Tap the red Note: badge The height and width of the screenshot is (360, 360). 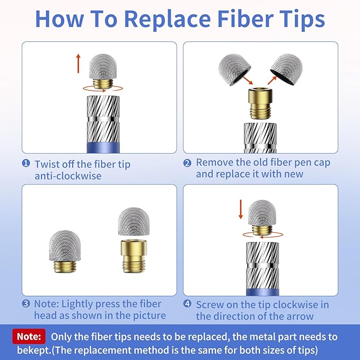coord(29,337)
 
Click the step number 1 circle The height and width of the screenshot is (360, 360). coord(26,163)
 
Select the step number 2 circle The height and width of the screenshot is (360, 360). coord(187,163)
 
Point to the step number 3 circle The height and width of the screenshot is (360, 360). coord(26,303)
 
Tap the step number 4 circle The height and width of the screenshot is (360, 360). coord(187,303)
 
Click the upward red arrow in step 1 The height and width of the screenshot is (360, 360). coord(78,64)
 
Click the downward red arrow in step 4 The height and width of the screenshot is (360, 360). coord(241,209)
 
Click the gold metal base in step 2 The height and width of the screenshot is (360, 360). coord(260,103)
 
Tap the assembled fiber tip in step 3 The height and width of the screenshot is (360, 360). coord(65,251)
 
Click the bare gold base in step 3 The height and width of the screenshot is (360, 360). coord(134,256)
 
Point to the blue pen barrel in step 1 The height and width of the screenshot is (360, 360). coord(103,147)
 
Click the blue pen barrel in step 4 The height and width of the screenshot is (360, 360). coord(262,292)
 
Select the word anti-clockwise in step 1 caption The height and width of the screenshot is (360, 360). coord(68,176)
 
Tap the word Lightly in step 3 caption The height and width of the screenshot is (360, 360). coord(77,304)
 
